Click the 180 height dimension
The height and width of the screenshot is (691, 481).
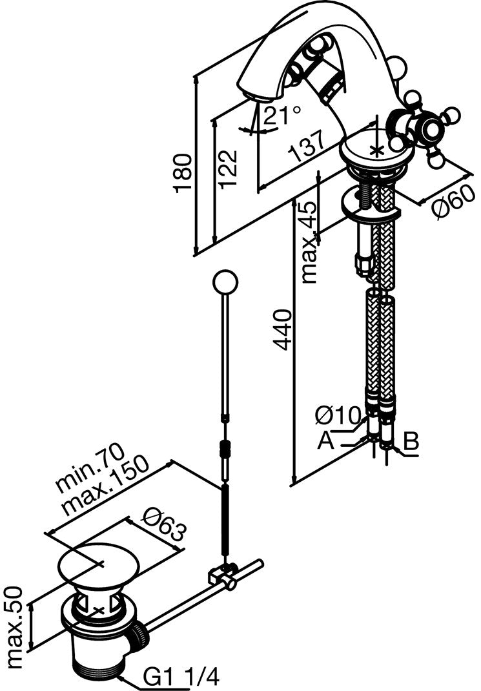coord(185,173)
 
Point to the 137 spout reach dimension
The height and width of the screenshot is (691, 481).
coord(305,150)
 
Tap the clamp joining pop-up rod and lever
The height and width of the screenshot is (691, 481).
coord(224,574)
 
